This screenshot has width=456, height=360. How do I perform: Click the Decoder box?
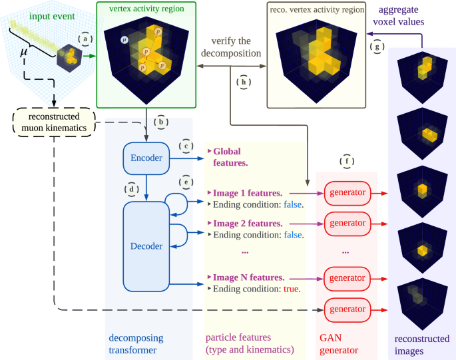coord(146,246)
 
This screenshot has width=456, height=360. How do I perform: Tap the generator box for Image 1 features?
coord(347,194)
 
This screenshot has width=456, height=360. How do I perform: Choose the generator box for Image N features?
coord(347,276)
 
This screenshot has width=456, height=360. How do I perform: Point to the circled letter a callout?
coord(84,39)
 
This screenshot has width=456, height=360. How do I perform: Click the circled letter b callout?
coord(162,122)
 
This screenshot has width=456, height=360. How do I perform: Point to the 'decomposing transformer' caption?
coord(134,343)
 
